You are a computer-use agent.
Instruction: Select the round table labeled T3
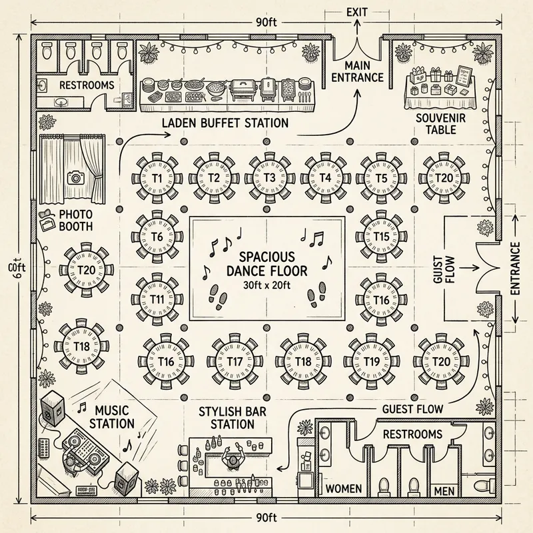[270, 178]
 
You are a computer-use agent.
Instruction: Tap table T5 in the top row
[382, 178]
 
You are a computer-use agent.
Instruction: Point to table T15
[382, 237]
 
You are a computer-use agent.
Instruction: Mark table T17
[235, 361]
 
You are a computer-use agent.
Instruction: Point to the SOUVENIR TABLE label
[437, 123]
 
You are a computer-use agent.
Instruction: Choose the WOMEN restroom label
[343, 489]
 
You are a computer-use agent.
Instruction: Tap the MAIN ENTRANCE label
[356, 71]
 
